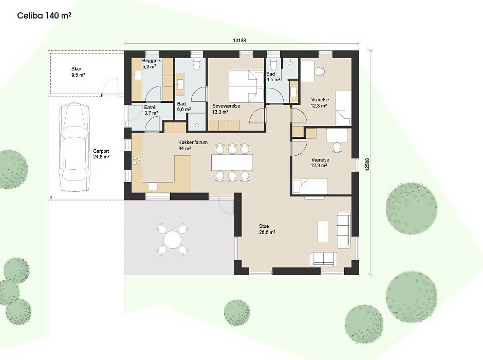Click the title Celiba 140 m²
(44, 15)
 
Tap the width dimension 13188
(239, 41)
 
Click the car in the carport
(75, 147)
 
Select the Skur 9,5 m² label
(78, 72)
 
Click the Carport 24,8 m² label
(101, 154)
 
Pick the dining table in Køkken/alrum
(232, 163)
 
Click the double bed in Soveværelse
(246, 86)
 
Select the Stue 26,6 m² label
(267, 229)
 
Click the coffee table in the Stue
(323, 231)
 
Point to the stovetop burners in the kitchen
(137, 160)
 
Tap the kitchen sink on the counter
(153, 187)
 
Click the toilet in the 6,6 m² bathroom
(196, 63)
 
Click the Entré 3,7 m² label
(151, 111)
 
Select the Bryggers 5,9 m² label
(152, 63)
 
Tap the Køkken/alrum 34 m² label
(193, 145)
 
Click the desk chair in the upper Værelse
(320, 71)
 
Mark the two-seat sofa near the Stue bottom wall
(323, 259)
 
